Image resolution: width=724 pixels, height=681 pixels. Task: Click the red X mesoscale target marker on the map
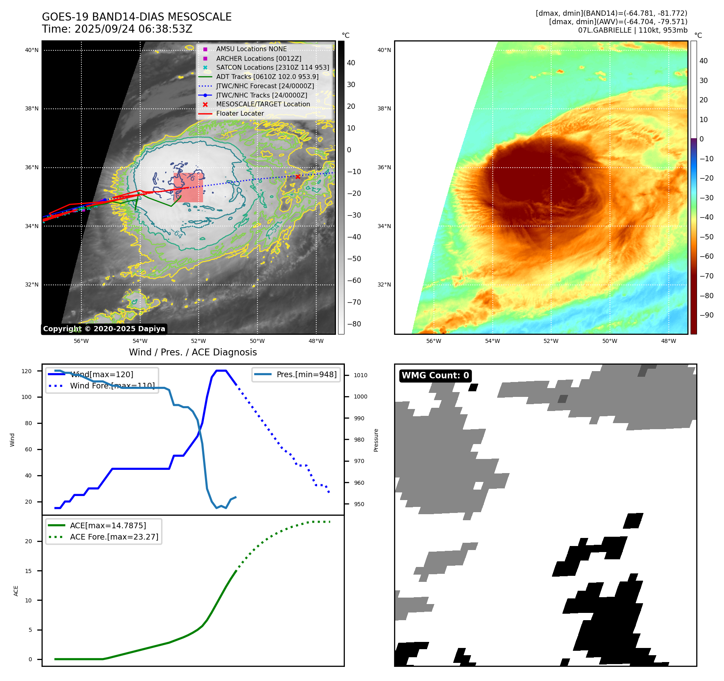(298, 176)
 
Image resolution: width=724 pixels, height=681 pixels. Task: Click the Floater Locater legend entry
(240, 113)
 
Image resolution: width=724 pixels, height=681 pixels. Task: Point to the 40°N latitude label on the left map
(32, 50)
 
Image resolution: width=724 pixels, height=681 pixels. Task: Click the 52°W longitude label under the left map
(199, 341)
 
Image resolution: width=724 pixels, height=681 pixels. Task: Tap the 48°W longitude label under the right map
(668, 341)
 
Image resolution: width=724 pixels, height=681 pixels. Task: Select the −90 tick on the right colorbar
(706, 315)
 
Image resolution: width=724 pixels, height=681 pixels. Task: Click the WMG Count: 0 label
(435, 376)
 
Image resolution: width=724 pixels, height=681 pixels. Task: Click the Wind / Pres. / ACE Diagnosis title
(193, 352)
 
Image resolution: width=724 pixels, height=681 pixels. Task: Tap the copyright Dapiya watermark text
(104, 329)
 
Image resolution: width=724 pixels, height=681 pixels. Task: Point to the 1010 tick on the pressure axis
(360, 375)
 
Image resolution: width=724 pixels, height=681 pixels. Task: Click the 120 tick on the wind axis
(27, 371)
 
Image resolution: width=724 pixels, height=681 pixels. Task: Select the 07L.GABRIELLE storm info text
(633, 30)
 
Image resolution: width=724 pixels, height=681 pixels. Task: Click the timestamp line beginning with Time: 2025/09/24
(117, 29)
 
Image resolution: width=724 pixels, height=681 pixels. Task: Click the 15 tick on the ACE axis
(28, 571)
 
